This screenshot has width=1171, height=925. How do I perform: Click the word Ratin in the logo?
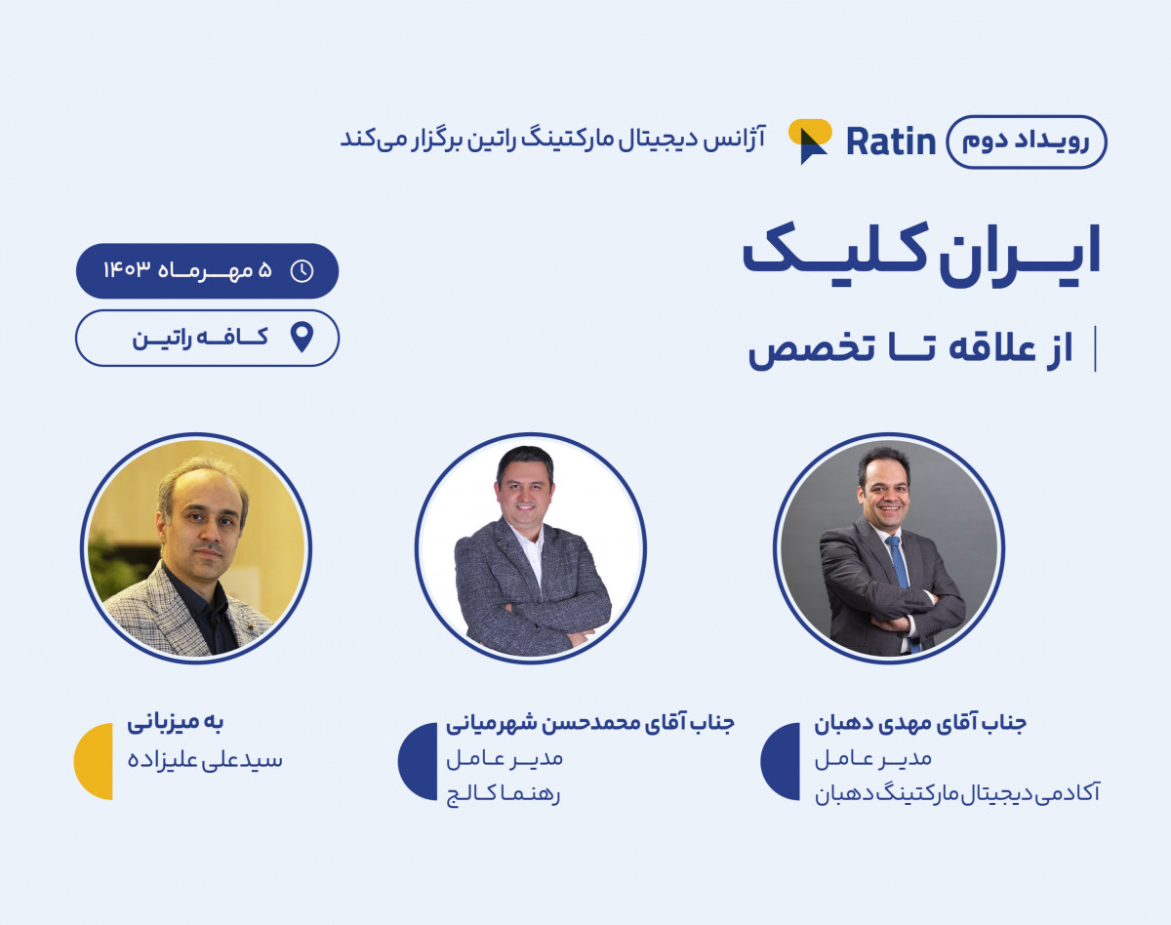890,141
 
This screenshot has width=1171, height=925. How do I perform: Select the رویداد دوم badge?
1027,141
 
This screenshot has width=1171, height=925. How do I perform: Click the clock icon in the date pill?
303,270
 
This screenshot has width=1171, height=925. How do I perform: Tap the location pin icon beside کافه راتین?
303,338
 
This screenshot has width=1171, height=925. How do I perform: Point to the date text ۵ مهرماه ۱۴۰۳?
187,270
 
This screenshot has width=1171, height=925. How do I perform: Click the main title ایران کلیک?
922,253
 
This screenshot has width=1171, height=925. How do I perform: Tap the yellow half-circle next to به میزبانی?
95,761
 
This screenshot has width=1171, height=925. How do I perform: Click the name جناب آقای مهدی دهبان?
920,724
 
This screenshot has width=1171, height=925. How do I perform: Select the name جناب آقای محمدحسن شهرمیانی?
589,724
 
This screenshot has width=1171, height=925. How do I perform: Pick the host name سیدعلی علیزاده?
204,760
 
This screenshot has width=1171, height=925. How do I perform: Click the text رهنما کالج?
503,794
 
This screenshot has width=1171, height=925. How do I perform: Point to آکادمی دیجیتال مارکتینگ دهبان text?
957,794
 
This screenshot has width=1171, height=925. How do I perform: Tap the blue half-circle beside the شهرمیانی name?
419,761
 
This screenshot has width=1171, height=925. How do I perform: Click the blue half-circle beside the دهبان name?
782,761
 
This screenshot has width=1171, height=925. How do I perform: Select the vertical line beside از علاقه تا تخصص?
1095,350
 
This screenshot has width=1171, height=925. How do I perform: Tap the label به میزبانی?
176,724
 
